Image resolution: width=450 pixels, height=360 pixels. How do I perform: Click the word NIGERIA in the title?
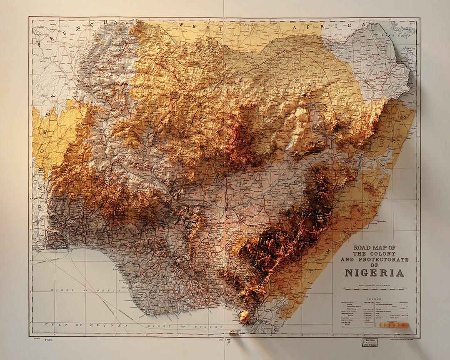[x=374, y=273]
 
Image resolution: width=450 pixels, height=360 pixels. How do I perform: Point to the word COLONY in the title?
[x=384, y=253]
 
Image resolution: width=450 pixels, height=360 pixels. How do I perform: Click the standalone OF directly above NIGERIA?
[x=374, y=265]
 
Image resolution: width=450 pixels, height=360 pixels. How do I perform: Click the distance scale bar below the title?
[x=374, y=288]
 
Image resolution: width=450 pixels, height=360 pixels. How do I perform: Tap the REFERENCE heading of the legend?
[x=374, y=299]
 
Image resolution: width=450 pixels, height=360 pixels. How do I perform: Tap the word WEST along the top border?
[x=197, y=25]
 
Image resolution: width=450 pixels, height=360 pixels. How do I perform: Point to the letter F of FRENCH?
[x=40, y=43]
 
